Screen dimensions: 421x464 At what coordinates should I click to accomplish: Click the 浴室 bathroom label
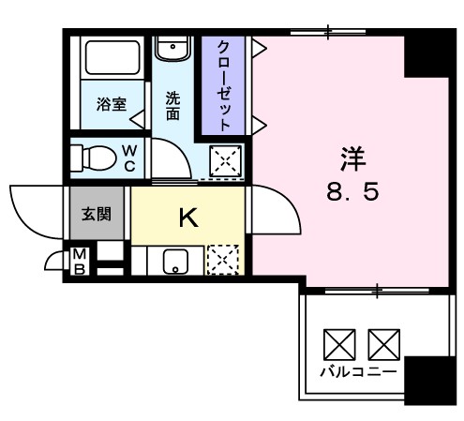pos(112,104)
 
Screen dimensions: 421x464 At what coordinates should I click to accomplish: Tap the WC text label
pos(130,158)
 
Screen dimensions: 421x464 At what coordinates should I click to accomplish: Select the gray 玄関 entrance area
pos(96,212)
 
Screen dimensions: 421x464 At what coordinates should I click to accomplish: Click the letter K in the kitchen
pos(187,218)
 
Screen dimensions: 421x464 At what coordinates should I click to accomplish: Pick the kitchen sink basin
pos(174,261)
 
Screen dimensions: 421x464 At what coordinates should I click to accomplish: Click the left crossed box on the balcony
pos(338,344)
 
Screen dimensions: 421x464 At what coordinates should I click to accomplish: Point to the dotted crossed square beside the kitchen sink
pos(223,259)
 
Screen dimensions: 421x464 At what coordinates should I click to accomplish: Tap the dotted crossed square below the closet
pos(225,161)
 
